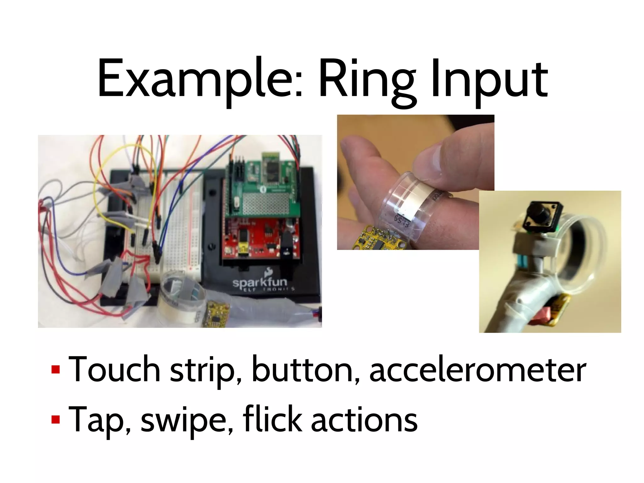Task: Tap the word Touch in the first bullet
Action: click(114, 369)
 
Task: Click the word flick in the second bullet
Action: click(272, 418)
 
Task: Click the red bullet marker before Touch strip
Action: click(56, 369)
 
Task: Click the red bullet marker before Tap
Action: click(56, 419)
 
